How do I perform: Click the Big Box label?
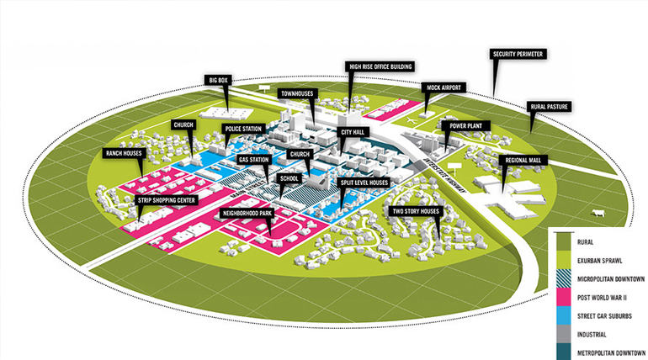click(x=217, y=80)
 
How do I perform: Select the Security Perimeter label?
click(x=518, y=55)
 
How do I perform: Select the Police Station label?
click(x=245, y=129)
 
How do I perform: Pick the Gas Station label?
click(x=253, y=159)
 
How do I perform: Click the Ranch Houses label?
click(x=124, y=153)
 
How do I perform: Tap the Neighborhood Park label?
click(x=247, y=214)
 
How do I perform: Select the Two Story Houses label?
click(x=417, y=211)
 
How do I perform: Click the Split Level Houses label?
click(x=364, y=182)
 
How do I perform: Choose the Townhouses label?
click(x=297, y=93)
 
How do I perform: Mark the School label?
click(x=289, y=178)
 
